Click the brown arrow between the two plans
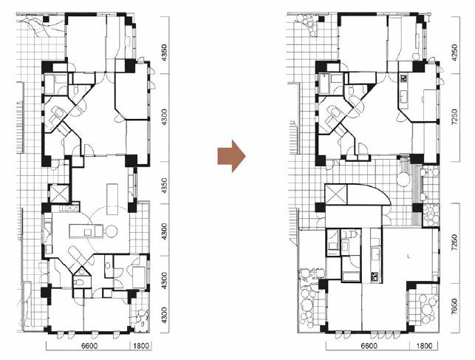[x=231, y=156]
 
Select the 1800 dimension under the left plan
[x=141, y=346]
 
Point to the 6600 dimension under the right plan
[x=368, y=346]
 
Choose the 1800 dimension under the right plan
[x=423, y=346]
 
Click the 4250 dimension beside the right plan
[x=454, y=53]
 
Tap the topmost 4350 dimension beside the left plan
[x=164, y=53]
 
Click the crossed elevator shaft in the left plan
[x=59, y=194]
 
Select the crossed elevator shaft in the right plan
[x=335, y=194]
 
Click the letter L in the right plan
[x=409, y=257]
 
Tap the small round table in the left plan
[x=111, y=231]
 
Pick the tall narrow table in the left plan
[x=112, y=199]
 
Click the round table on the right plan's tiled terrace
[x=403, y=179]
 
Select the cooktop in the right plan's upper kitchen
[x=404, y=78]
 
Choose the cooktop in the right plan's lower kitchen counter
[x=375, y=277]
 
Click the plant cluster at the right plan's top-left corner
[x=307, y=24]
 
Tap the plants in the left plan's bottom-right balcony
[x=141, y=317]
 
